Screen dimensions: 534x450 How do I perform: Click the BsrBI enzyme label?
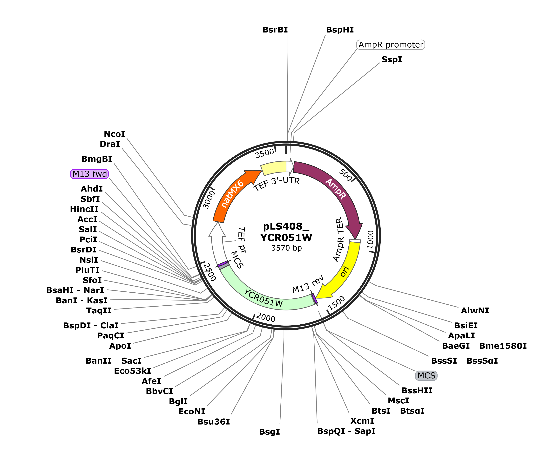(x=275, y=30)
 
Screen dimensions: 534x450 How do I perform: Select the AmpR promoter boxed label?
(x=391, y=45)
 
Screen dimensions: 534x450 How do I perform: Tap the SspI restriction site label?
(x=392, y=59)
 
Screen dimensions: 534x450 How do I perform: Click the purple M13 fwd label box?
(x=89, y=174)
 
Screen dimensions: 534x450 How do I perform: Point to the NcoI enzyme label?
(x=114, y=134)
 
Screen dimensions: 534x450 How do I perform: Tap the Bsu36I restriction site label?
(x=214, y=422)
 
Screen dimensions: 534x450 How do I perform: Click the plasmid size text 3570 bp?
(x=286, y=248)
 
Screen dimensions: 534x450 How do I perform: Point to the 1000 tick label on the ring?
(x=370, y=240)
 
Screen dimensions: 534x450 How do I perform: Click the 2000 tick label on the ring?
(x=266, y=317)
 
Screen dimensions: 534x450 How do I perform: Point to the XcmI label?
(x=362, y=421)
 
